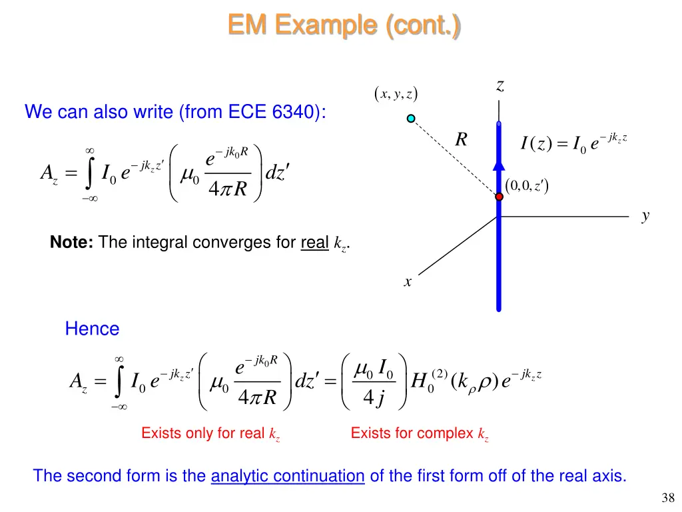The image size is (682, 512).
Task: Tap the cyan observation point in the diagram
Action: tap(411, 119)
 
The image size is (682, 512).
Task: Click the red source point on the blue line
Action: tap(499, 197)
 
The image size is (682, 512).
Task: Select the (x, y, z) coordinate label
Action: tap(396, 95)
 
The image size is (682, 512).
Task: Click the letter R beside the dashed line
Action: tap(461, 139)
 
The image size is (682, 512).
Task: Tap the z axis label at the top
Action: tap(500, 85)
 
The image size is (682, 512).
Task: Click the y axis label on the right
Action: tap(645, 215)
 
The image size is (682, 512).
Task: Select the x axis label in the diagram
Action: tap(408, 282)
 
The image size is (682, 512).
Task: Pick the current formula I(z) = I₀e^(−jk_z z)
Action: tap(574, 142)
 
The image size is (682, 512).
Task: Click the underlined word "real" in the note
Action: tap(314, 243)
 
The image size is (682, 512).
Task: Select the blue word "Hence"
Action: tap(92, 329)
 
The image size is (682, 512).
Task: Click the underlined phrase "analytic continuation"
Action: tap(288, 476)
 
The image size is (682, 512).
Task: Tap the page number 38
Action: tap(668, 497)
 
